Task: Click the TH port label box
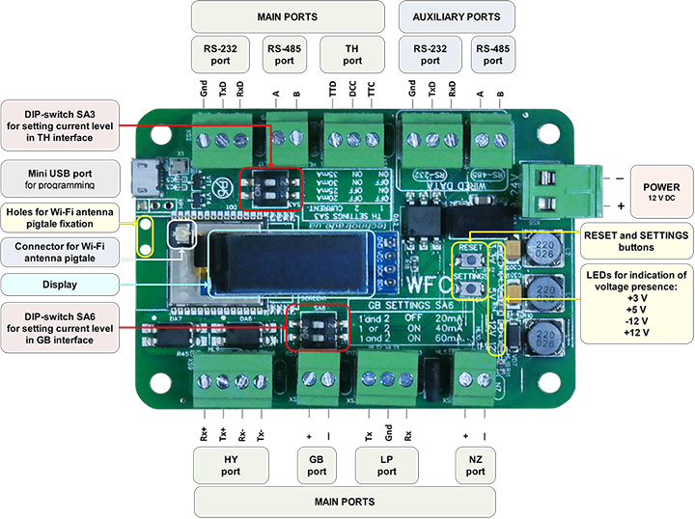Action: coord(351,53)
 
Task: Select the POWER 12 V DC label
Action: coord(656,191)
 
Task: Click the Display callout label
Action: coord(60,284)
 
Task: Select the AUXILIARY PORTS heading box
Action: coord(456,17)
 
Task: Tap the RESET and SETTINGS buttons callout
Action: coord(635,240)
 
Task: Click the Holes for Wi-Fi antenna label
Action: coord(60,217)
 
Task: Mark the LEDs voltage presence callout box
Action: coord(635,304)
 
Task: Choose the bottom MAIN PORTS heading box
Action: coord(344,502)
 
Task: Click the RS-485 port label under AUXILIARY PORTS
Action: coord(492,53)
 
